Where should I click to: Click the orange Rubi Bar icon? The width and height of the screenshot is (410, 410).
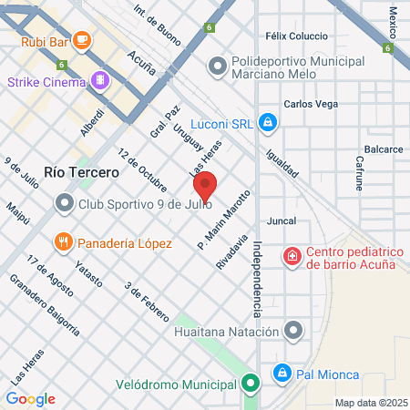tap(82, 39)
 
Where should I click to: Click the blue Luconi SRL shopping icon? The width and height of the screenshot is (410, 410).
tap(267, 121)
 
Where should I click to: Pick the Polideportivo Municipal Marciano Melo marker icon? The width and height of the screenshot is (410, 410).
tap(217, 66)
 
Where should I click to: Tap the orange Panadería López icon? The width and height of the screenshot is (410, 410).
tap(63, 242)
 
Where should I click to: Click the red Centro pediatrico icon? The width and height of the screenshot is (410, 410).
tap(292, 257)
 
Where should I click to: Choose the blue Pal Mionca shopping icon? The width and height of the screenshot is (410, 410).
tap(282, 373)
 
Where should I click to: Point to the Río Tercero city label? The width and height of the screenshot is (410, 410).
tap(81, 172)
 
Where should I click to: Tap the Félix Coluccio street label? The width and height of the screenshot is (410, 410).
tap(294, 36)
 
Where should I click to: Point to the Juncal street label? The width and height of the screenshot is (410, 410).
tap(282, 220)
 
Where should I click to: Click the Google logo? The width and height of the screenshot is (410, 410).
tap(30, 398)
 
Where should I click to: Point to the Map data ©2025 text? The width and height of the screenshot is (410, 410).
tap(371, 402)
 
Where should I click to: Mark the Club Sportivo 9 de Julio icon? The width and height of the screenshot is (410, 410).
tap(64, 204)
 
